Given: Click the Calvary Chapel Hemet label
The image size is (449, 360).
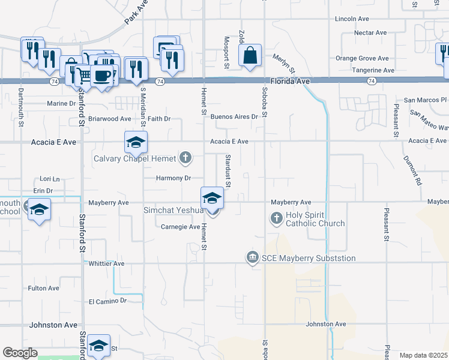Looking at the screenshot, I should (x=134, y=158).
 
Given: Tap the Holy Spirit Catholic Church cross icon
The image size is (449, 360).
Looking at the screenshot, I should (x=277, y=218).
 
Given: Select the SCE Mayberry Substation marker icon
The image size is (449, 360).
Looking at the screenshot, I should (x=253, y=258).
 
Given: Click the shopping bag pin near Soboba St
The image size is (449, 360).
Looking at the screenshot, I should (x=249, y=56).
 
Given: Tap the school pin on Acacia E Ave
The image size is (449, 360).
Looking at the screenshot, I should (x=136, y=143).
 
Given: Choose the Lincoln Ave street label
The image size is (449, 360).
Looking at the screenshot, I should (x=352, y=19).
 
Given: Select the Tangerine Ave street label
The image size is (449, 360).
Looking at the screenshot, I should (x=373, y=70).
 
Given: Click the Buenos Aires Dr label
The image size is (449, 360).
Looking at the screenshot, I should (x=234, y=116).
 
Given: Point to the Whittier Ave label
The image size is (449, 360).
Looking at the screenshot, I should (x=106, y=263).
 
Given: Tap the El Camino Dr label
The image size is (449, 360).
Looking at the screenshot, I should (x=108, y=301).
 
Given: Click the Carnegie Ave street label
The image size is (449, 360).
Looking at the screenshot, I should (x=180, y=227).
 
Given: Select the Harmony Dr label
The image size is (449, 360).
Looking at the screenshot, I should (x=173, y=178).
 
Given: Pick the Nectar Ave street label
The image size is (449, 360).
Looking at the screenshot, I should (x=370, y=32).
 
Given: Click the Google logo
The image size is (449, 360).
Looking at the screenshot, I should (x=20, y=353).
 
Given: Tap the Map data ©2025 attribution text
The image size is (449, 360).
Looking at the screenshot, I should (x=423, y=355).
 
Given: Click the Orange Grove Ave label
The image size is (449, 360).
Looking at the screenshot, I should (x=362, y=58).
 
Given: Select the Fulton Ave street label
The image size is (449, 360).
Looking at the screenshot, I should (x=43, y=289).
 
